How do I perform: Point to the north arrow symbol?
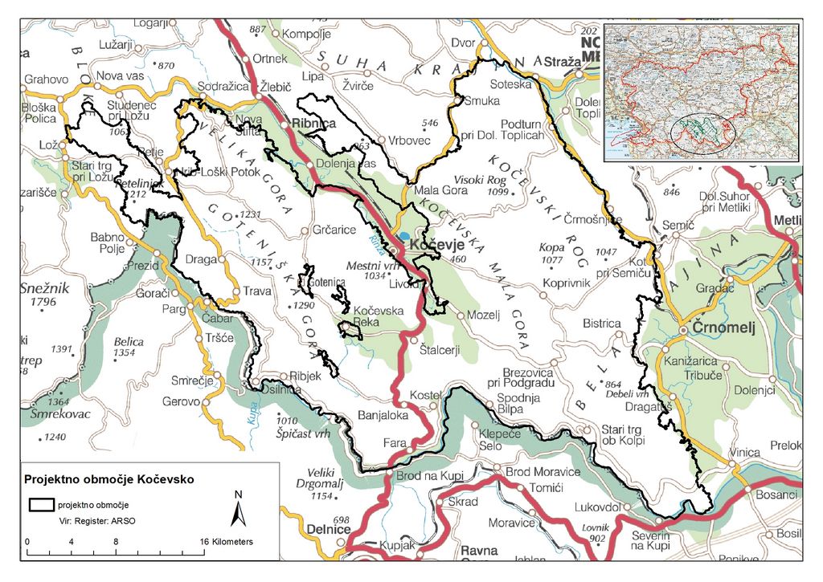click(x=237, y=509)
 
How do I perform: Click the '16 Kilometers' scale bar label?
click(x=228, y=542)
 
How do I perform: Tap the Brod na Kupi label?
click(x=430, y=477)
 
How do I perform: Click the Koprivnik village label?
click(x=567, y=283)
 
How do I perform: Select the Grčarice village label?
click(x=334, y=230)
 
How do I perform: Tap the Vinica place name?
click(x=745, y=453)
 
